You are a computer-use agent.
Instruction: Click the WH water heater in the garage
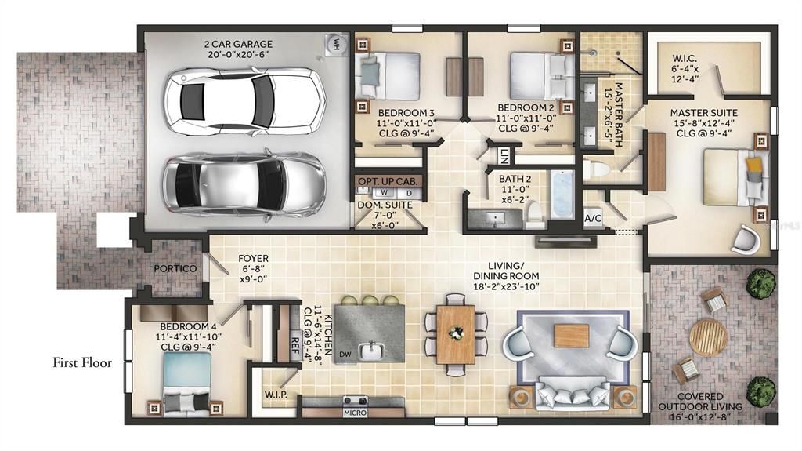coord(336,43)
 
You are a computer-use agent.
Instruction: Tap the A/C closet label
coord(593,219)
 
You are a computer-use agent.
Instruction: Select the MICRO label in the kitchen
coord(355,412)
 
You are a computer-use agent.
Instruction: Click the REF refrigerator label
coord(294,342)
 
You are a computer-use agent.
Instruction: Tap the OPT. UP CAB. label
coord(387,181)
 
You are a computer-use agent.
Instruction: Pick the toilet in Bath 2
coord(535,215)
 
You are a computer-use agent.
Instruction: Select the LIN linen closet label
coord(504,156)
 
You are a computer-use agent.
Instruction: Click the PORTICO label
coord(175,268)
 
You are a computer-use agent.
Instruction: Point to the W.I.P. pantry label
coord(276,395)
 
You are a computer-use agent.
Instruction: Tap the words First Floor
coord(82,363)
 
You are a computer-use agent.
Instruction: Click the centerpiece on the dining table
coord(455,333)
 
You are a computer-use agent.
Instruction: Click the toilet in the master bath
coord(596,169)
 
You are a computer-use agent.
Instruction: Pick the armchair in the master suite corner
coord(746,238)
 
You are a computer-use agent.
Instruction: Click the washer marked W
coord(384,193)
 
